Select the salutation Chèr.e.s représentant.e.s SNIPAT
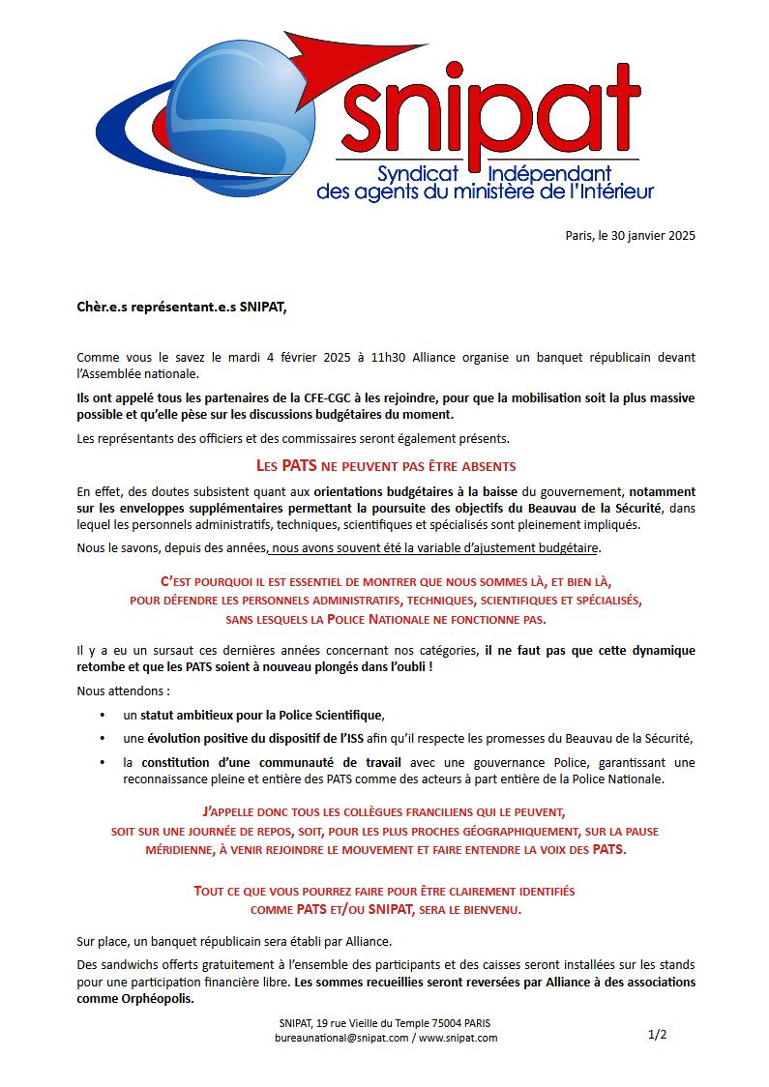(x=182, y=308)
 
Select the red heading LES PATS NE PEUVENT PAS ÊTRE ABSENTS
(x=386, y=466)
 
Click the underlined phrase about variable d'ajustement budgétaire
(x=436, y=548)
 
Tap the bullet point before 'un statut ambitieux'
(x=103, y=716)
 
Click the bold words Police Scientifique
(x=332, y=716)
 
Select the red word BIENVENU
(x=489, y=910)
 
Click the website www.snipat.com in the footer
(x=458, y=1038)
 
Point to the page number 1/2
(x=657, y=1035)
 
